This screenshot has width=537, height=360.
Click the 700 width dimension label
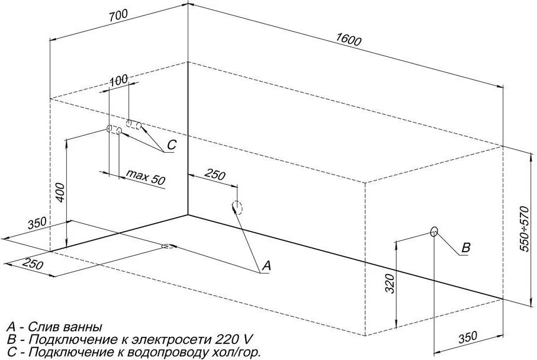118,16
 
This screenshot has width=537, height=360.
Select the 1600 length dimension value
348,40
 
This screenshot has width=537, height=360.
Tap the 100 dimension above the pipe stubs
119,81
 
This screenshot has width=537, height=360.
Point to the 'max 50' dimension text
146,177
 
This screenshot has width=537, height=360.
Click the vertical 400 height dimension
60,192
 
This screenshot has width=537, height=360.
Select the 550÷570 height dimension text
525,229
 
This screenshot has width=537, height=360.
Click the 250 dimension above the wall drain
215,175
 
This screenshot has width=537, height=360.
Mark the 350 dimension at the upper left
37,223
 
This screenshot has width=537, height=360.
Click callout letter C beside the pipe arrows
171,145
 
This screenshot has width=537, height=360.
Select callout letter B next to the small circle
466,247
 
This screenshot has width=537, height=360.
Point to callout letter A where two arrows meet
266,265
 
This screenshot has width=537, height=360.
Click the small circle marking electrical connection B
434,232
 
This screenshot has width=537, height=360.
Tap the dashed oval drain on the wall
237,207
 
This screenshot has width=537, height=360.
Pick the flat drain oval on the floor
168,246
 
